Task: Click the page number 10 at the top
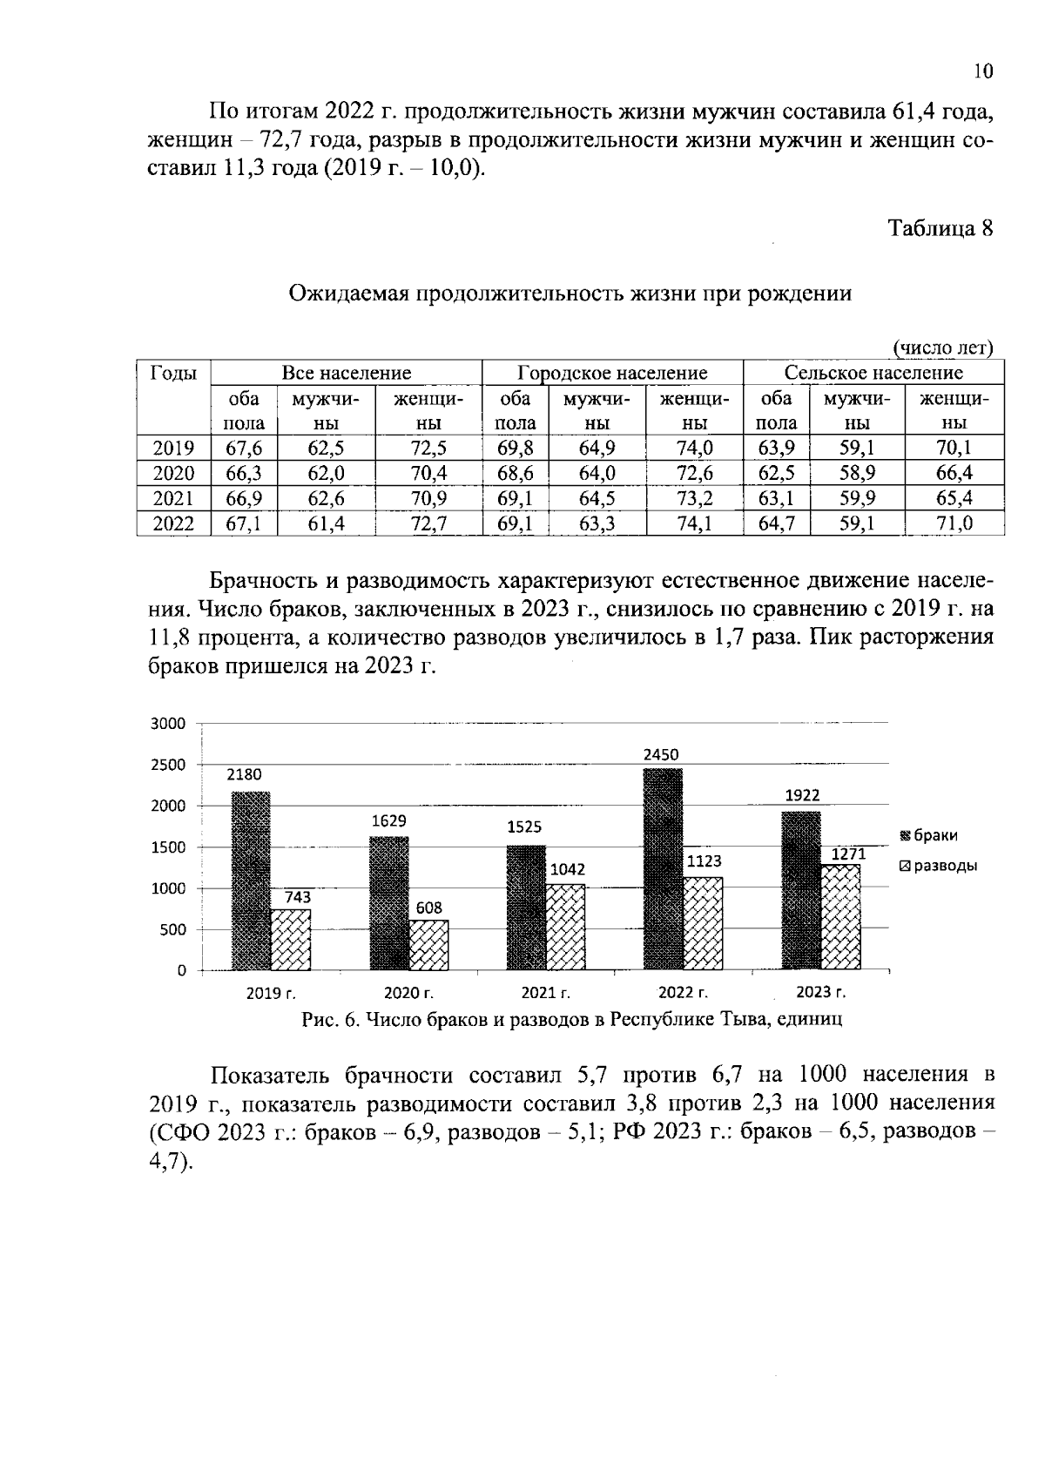(x=982, y=71)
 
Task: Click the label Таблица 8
(x=940, y=228)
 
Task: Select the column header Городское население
(x=612, y=374)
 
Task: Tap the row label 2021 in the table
(x=173, y=498)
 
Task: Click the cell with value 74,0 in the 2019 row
(x=693, y=449)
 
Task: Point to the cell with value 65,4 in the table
(x=954, y=498)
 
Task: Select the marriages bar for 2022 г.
(x=663, y=868)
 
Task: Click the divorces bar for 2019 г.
(x=291, y=939)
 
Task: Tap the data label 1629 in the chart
(x=389, y=820)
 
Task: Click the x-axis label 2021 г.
(x=545, y=992)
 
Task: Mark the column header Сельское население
(x=873, y=374)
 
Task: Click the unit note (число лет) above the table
(x=944, y=348)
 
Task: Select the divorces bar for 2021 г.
(x=565, y=927)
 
